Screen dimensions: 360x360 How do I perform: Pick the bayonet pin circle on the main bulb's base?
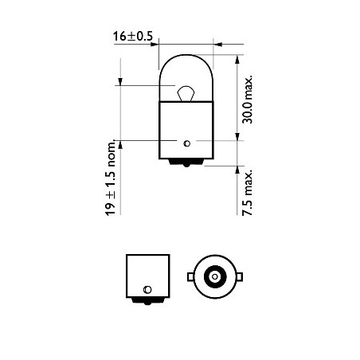click(186, 143)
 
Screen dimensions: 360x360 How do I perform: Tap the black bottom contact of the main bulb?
click(186, 162)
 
